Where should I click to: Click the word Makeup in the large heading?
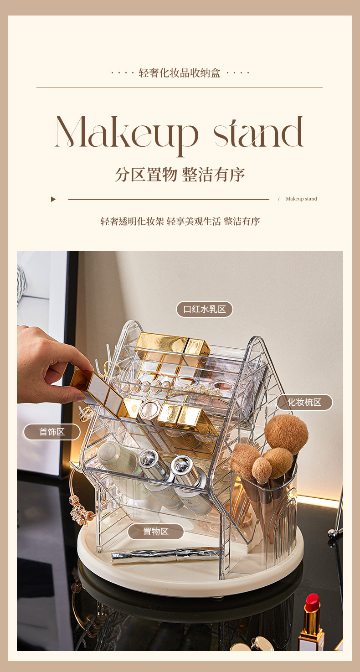127,135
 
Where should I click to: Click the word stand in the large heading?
258,132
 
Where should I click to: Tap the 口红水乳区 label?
205,309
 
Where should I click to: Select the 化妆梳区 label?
304,402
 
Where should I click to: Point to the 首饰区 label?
52,432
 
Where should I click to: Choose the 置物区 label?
155,532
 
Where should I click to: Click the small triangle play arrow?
53,199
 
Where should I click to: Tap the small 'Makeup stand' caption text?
301,199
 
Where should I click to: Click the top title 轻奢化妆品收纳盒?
180,73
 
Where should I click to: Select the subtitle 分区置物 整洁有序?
180,175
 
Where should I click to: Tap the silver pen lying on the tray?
165,555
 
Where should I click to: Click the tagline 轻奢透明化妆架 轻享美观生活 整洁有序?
180,222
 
